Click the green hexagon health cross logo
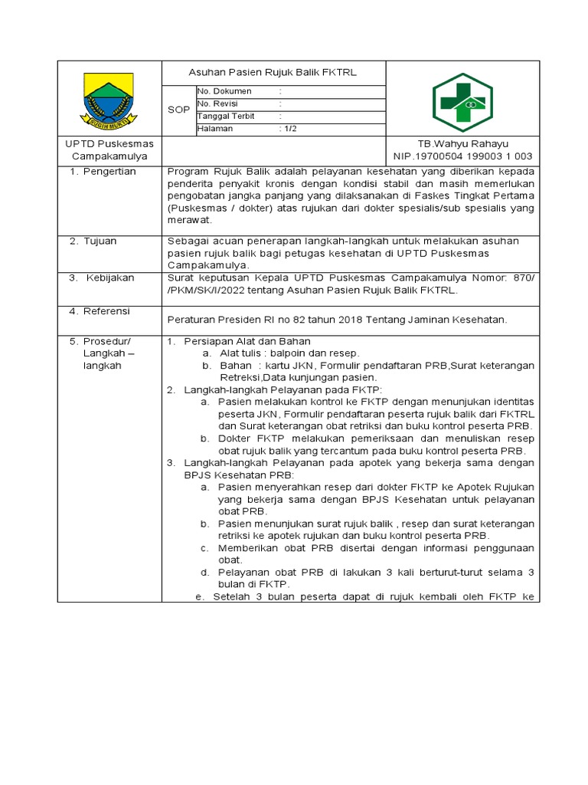pos(462,102)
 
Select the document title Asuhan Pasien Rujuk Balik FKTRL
pos(273,73)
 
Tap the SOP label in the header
pos(178,110)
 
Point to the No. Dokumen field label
pos(224,91)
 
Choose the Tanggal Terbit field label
pos(226,116)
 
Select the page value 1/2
pos(290,129)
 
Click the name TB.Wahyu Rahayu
pos(462,143)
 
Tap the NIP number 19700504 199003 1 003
pos(462,156)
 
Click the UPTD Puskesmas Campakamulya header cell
pos(109,149)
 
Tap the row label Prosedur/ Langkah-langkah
pos(106,353)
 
